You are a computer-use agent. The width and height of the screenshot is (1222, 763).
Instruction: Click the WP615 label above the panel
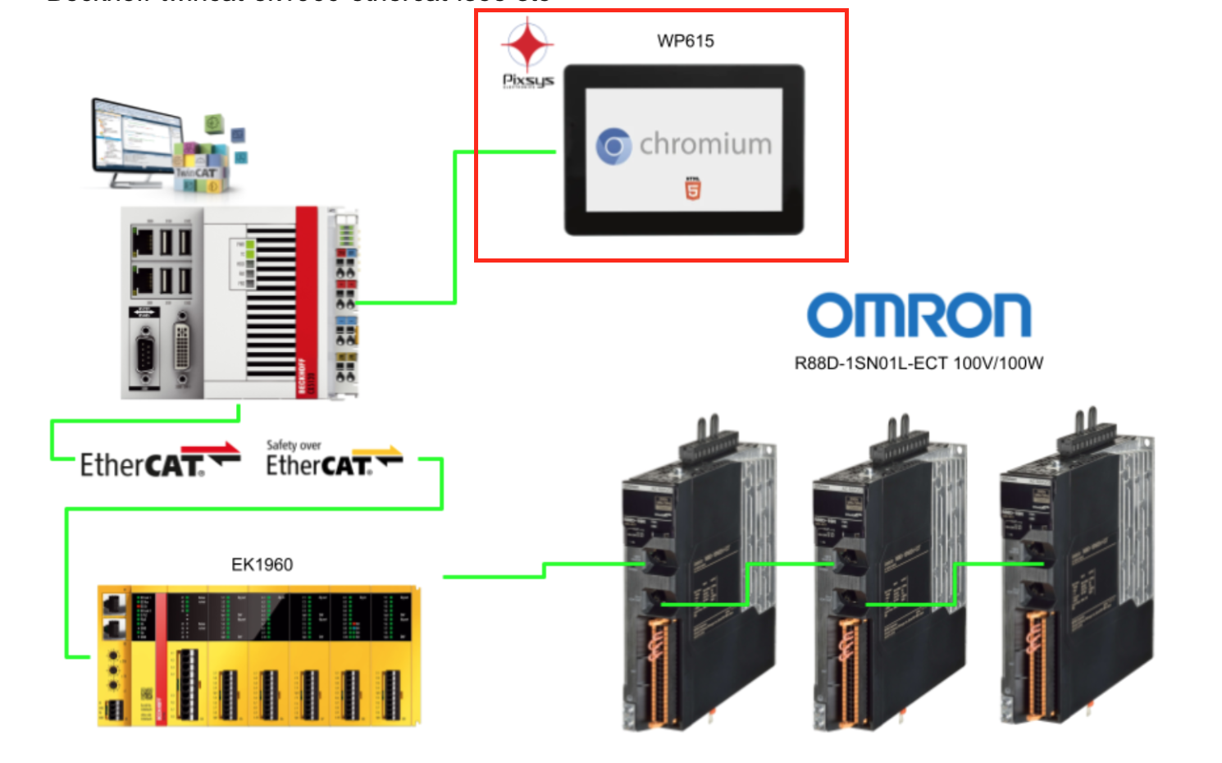click(x=685, y=41)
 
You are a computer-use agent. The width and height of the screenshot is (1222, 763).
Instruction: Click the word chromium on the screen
click(x=705, y=144)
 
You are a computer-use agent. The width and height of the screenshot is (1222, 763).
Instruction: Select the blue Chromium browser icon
click(x=613, y=146)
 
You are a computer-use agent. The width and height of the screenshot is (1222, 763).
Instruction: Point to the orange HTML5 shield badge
click(x=693, y=189)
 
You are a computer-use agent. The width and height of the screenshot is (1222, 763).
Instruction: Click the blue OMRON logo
click(x=919, y=315)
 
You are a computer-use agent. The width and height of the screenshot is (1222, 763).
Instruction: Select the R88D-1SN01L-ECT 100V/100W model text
click(x=919, y=363)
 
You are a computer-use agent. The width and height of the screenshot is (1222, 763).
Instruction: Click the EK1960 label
click(x=262, y=564)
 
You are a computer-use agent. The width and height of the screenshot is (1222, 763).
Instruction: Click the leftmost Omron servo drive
click(x=697, y=574)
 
